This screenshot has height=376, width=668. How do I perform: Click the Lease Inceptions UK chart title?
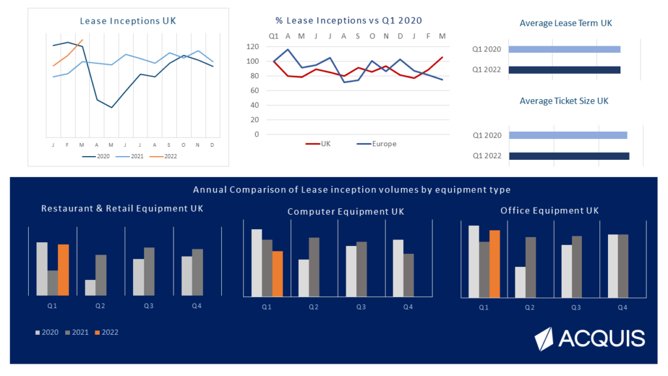(x=128, y=21)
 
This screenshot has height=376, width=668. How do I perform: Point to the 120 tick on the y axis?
(x=253, y=47)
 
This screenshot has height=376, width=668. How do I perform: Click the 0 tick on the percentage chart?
(x=256, y=134)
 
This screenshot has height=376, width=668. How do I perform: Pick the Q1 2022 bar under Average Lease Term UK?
(x=564, y=70)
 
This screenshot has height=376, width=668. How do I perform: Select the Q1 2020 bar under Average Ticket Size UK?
(x=568, y=135)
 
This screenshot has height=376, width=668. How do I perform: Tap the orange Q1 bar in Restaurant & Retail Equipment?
(x=63, y=270)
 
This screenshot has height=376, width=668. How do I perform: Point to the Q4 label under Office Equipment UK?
(x=622, y=307)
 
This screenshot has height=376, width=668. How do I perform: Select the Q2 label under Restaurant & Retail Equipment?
(x=100, y=305)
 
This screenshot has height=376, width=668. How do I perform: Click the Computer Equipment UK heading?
(x=346, y=211)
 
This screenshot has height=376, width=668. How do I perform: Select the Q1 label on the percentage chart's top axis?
(x=273, y=35)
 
